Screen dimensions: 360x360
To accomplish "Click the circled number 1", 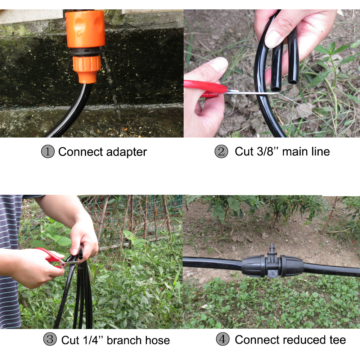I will pos(48,152).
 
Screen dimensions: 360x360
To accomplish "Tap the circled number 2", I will pos(221,152).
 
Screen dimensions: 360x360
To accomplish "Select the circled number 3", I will pos(50,339).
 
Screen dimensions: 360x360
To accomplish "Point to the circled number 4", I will pos(223,339).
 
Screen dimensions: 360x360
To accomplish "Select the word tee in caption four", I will pos(334,339).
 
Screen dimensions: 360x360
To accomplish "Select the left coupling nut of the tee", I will pos(255,266).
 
